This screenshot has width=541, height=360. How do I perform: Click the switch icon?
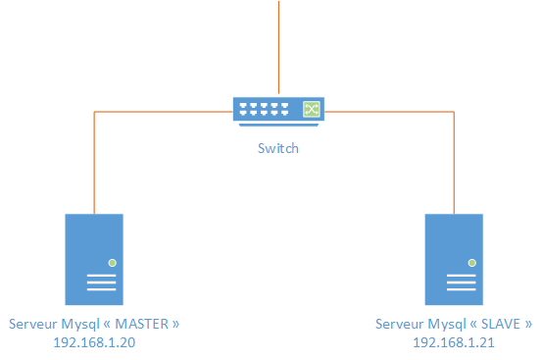278,111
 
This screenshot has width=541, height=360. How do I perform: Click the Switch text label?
278,149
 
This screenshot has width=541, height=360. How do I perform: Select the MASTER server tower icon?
94,259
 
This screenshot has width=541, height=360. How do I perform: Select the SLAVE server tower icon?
454,259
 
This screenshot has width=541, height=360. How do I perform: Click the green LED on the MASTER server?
113,263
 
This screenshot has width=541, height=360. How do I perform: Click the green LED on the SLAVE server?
472,263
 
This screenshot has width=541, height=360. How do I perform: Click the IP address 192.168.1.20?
94,342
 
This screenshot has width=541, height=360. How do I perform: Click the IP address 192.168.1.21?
454,342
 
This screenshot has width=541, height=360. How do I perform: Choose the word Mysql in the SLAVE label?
440,324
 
